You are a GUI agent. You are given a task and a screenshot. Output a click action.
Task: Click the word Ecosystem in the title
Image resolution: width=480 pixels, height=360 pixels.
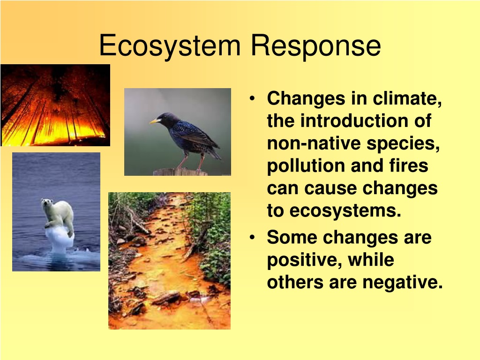[170, 46]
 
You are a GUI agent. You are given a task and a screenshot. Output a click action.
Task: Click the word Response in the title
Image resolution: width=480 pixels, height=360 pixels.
[316, 46]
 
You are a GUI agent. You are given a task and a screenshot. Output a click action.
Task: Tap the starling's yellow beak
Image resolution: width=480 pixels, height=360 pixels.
[155, 121]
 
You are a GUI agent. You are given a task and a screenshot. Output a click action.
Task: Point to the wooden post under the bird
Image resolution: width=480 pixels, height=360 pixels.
[180, 172]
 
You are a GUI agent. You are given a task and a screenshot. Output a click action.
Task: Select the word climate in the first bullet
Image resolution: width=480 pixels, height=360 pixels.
[407, 98]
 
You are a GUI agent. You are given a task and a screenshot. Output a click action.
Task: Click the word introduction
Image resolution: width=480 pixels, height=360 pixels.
[355, 121]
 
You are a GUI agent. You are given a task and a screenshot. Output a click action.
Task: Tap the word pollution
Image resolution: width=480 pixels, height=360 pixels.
[306, 166]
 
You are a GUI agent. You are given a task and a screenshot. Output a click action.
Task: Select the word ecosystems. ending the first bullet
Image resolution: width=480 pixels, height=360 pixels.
[345, 211]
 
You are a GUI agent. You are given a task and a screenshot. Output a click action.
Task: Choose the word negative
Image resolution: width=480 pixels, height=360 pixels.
[403, 283]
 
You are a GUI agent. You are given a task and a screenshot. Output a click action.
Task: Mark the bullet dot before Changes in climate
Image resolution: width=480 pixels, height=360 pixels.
[252, 98]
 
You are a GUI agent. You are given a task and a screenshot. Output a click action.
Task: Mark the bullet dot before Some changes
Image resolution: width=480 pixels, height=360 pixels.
[252, 238]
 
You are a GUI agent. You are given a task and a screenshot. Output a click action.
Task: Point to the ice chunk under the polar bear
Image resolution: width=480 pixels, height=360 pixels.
[60, 240]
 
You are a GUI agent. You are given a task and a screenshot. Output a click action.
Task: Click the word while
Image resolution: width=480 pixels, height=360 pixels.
[371, 260]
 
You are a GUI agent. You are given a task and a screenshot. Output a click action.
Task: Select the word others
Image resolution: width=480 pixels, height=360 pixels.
[295, 282]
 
